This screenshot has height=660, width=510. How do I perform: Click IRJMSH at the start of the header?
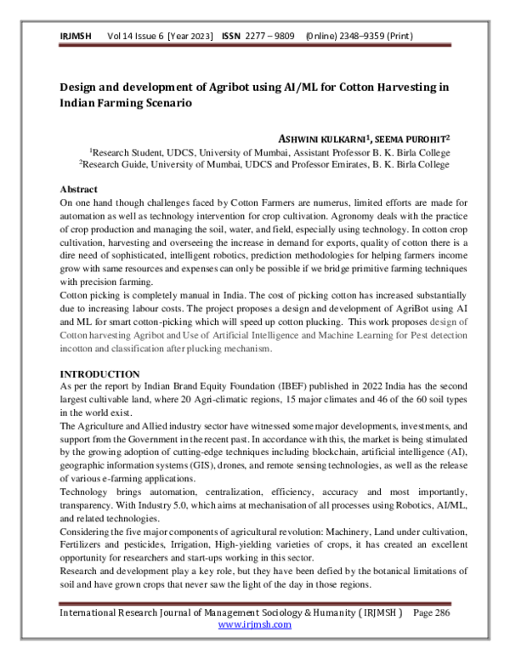coord(76,37)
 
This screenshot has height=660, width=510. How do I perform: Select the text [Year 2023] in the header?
coord(192,37)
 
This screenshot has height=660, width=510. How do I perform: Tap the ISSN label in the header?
coord(232,37)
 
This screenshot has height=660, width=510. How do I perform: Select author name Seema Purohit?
coord(415,137)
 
